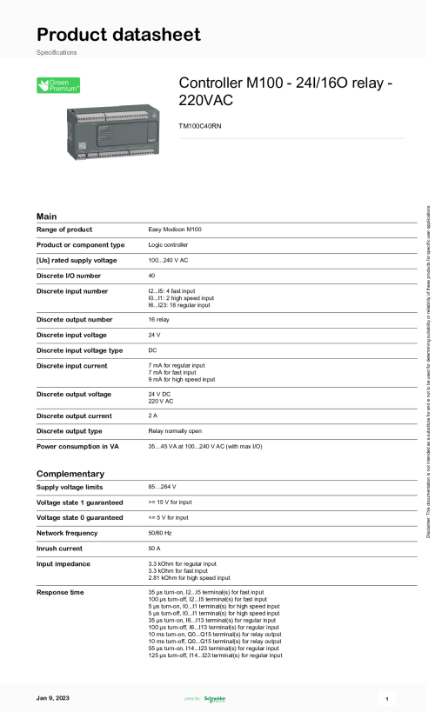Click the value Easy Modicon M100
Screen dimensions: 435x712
[x=175, y=230]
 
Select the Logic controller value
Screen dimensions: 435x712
[x=170, y=245]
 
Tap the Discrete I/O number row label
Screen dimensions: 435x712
[x=73, y=276]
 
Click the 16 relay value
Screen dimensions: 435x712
[x=161, y=319]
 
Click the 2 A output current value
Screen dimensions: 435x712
[x=153, y=416]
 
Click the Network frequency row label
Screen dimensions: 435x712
[x=71, y=533]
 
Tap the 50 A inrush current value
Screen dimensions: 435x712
[x=155, y=549]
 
